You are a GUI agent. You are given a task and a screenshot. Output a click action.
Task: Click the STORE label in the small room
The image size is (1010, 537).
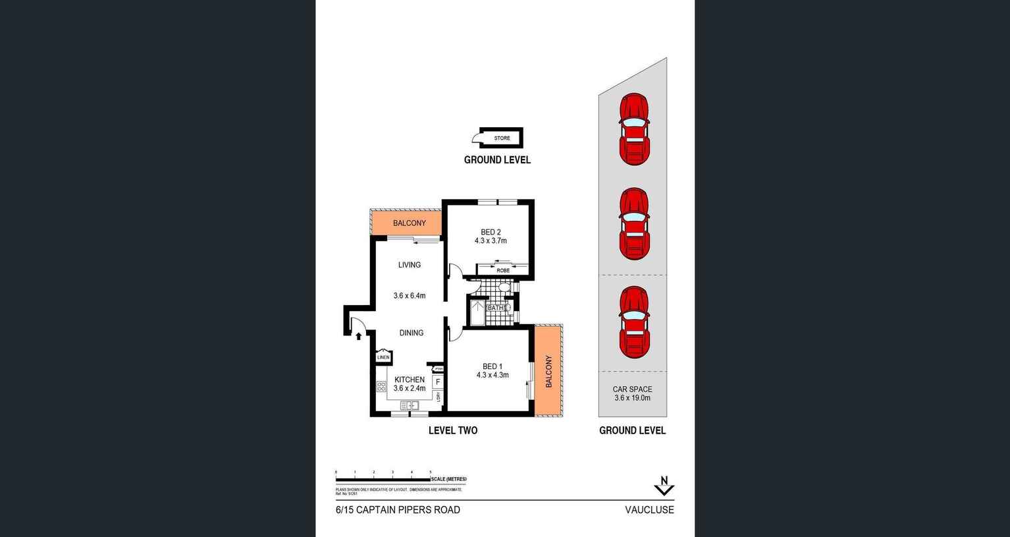502,138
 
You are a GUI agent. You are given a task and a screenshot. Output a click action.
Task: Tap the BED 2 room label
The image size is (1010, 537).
491,232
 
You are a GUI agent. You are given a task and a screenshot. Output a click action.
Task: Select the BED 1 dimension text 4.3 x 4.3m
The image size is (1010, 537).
492,376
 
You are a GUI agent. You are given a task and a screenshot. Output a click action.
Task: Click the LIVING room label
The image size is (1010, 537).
409,265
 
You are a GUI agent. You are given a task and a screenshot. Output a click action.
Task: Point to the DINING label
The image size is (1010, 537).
411,333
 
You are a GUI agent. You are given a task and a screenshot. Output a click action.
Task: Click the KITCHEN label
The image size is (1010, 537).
409,380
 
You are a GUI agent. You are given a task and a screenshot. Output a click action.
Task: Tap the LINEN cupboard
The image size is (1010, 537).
383,357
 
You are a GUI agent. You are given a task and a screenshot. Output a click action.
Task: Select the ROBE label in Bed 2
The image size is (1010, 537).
502,271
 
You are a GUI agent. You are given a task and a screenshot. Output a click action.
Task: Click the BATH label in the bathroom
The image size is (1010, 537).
495,308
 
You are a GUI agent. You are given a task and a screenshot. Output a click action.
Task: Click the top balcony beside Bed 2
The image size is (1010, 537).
408,223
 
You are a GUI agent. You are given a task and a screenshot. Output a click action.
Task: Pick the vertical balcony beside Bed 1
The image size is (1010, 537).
548,371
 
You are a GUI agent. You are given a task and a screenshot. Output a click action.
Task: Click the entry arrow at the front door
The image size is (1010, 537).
358,336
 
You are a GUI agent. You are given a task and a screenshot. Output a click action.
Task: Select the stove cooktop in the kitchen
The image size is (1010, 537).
381,387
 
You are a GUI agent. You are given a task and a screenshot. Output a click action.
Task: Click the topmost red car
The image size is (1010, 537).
633,129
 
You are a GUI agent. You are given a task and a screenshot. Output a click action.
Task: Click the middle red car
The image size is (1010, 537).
633,224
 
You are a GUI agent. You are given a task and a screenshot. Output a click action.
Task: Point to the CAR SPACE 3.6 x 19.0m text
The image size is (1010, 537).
632,393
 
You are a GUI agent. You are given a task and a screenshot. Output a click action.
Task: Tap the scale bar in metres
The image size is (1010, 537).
383,479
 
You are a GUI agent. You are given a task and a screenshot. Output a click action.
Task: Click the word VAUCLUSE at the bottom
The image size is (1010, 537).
649,510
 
